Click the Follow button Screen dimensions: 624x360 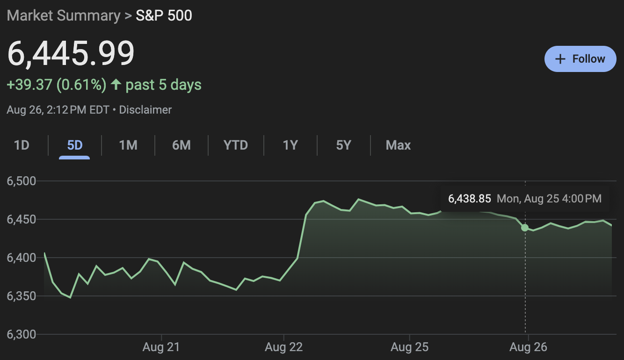click(x=580, y=59)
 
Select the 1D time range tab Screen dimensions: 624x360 click(x=22, y=145)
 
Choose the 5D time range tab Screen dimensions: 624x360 click(x=75, y=145)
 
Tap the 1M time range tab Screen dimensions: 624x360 click(x=128, y=145)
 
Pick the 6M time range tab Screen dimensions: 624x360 click(x=181, y=145)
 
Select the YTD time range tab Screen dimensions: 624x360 click(x=236, y=145)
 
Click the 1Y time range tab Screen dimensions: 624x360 click(x=290, y=145)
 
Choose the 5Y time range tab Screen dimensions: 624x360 click(x=343, y=145)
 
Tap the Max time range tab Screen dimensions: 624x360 click(x=398, y=145)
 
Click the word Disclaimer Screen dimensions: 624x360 click(x=145, y=110)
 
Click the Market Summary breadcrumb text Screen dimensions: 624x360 click(x=64, y=15)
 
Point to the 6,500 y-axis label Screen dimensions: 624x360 click(x=22, y=181)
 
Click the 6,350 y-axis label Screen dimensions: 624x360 click(x=22, y=296)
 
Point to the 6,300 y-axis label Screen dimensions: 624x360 click(x=22, y=334)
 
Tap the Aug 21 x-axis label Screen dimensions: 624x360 click(x=161, y=347)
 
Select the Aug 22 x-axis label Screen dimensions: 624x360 click(x=283, y=347)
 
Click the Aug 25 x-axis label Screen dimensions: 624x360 click(x=409, y=347)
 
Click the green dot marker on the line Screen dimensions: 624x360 click(x=525, y=228)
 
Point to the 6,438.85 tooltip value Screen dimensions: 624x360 click(x=469, y=199)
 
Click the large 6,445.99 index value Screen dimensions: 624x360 click(x=71, y=53)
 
